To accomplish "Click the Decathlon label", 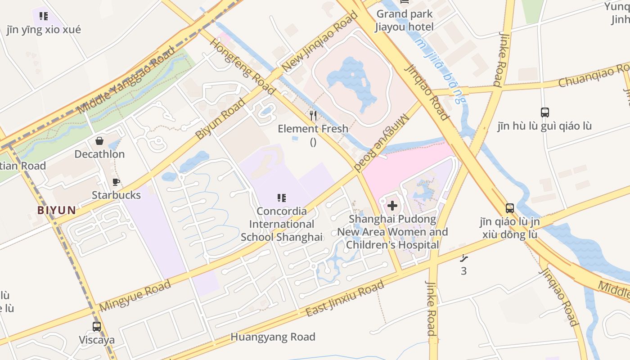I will click(x=99, y=154).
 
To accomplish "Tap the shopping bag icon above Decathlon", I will click(x=99, y=141).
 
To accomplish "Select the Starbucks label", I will click(x=116, y=195).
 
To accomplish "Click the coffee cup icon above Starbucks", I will click(x=116, y=182).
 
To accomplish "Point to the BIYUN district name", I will click(x=57, y=210).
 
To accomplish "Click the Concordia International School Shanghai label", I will click(x=282, y=224).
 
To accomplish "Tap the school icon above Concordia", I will click(x=282, y=198).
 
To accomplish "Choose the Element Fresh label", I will click(x=313, y=129).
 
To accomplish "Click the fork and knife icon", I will click(x=313, y=116).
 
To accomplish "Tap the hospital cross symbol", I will click(x=392, y=206).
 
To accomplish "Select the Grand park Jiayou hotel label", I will click(x=405, y=20).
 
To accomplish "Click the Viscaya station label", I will click(x=96, y=340).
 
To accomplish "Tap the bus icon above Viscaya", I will click(x=96, y=327).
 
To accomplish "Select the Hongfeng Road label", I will click(x=243, y=67).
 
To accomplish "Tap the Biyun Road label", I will click(x=220, y=118).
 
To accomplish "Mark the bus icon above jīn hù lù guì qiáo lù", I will click(x=544, y=112).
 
